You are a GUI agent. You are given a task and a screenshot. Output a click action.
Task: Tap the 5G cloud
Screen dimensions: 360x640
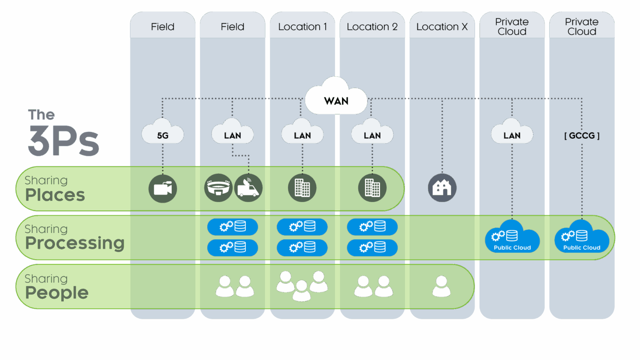[x=162, y=132]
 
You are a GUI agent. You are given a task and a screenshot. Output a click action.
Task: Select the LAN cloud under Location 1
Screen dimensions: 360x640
[x=302, y=132]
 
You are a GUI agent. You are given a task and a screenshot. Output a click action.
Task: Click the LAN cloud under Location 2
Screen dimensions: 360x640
[x=372, y=132]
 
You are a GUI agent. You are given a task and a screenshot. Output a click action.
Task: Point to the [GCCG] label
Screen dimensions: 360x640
[x=582, y=136]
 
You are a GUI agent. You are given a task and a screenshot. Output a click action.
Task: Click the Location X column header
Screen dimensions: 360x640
[x=442, y=26]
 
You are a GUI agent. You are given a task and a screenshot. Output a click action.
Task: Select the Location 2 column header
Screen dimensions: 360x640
[x=372, y=26]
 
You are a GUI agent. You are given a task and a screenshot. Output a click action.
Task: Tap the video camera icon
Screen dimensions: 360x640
[x=162, y=188]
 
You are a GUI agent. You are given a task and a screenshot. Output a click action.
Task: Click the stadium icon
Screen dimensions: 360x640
[x=218, y=188]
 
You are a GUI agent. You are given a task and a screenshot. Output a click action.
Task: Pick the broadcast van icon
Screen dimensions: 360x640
[x=248, y=188]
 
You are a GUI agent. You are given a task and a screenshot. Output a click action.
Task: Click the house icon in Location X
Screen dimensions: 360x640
[x=442, y=188]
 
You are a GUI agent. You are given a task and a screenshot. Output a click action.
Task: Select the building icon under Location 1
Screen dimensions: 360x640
[x=302, y=188]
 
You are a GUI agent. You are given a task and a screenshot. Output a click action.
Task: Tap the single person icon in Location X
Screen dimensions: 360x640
[x=441, y=286]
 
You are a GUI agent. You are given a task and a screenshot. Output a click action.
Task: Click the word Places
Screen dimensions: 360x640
[x=55, y=195]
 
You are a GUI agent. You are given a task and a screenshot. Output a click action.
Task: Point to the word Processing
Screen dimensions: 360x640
[x=75, y=243]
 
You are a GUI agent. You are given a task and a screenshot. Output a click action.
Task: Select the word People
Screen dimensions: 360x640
[x=57, y=293]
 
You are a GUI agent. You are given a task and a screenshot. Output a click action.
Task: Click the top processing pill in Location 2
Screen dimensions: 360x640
[x=372, y=227]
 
